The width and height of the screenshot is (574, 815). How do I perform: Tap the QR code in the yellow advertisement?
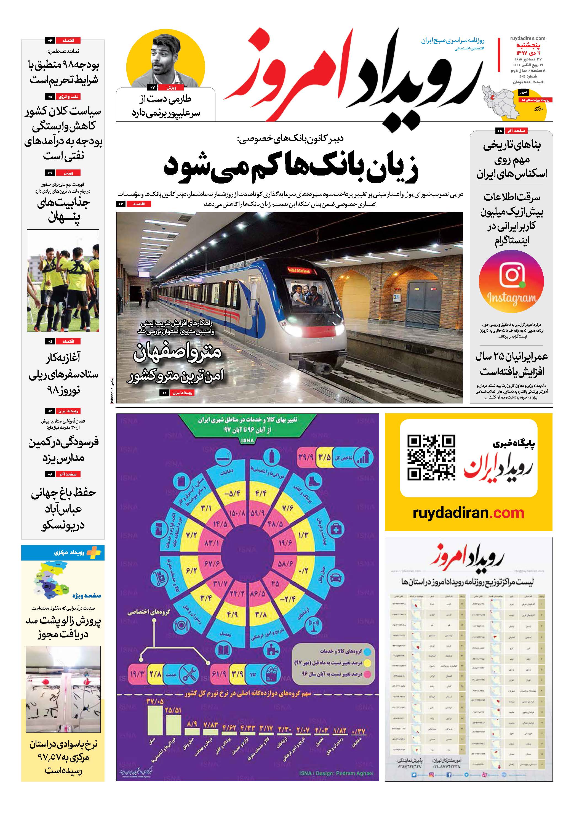pyautogui.click(x=431, y=458)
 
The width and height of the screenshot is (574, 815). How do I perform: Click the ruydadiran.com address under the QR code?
pyautogui.click(x=468, y=513)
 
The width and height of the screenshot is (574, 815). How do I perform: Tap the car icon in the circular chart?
pyautogui.click(x=335, y=578)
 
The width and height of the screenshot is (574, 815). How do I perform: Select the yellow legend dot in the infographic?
pyautogui.click(x=367, y=662)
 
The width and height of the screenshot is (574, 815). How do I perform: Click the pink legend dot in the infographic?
pyautogui.click(x=367, y=673)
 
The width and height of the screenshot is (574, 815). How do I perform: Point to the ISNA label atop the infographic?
pyautogui.click(x=247, y=440)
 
